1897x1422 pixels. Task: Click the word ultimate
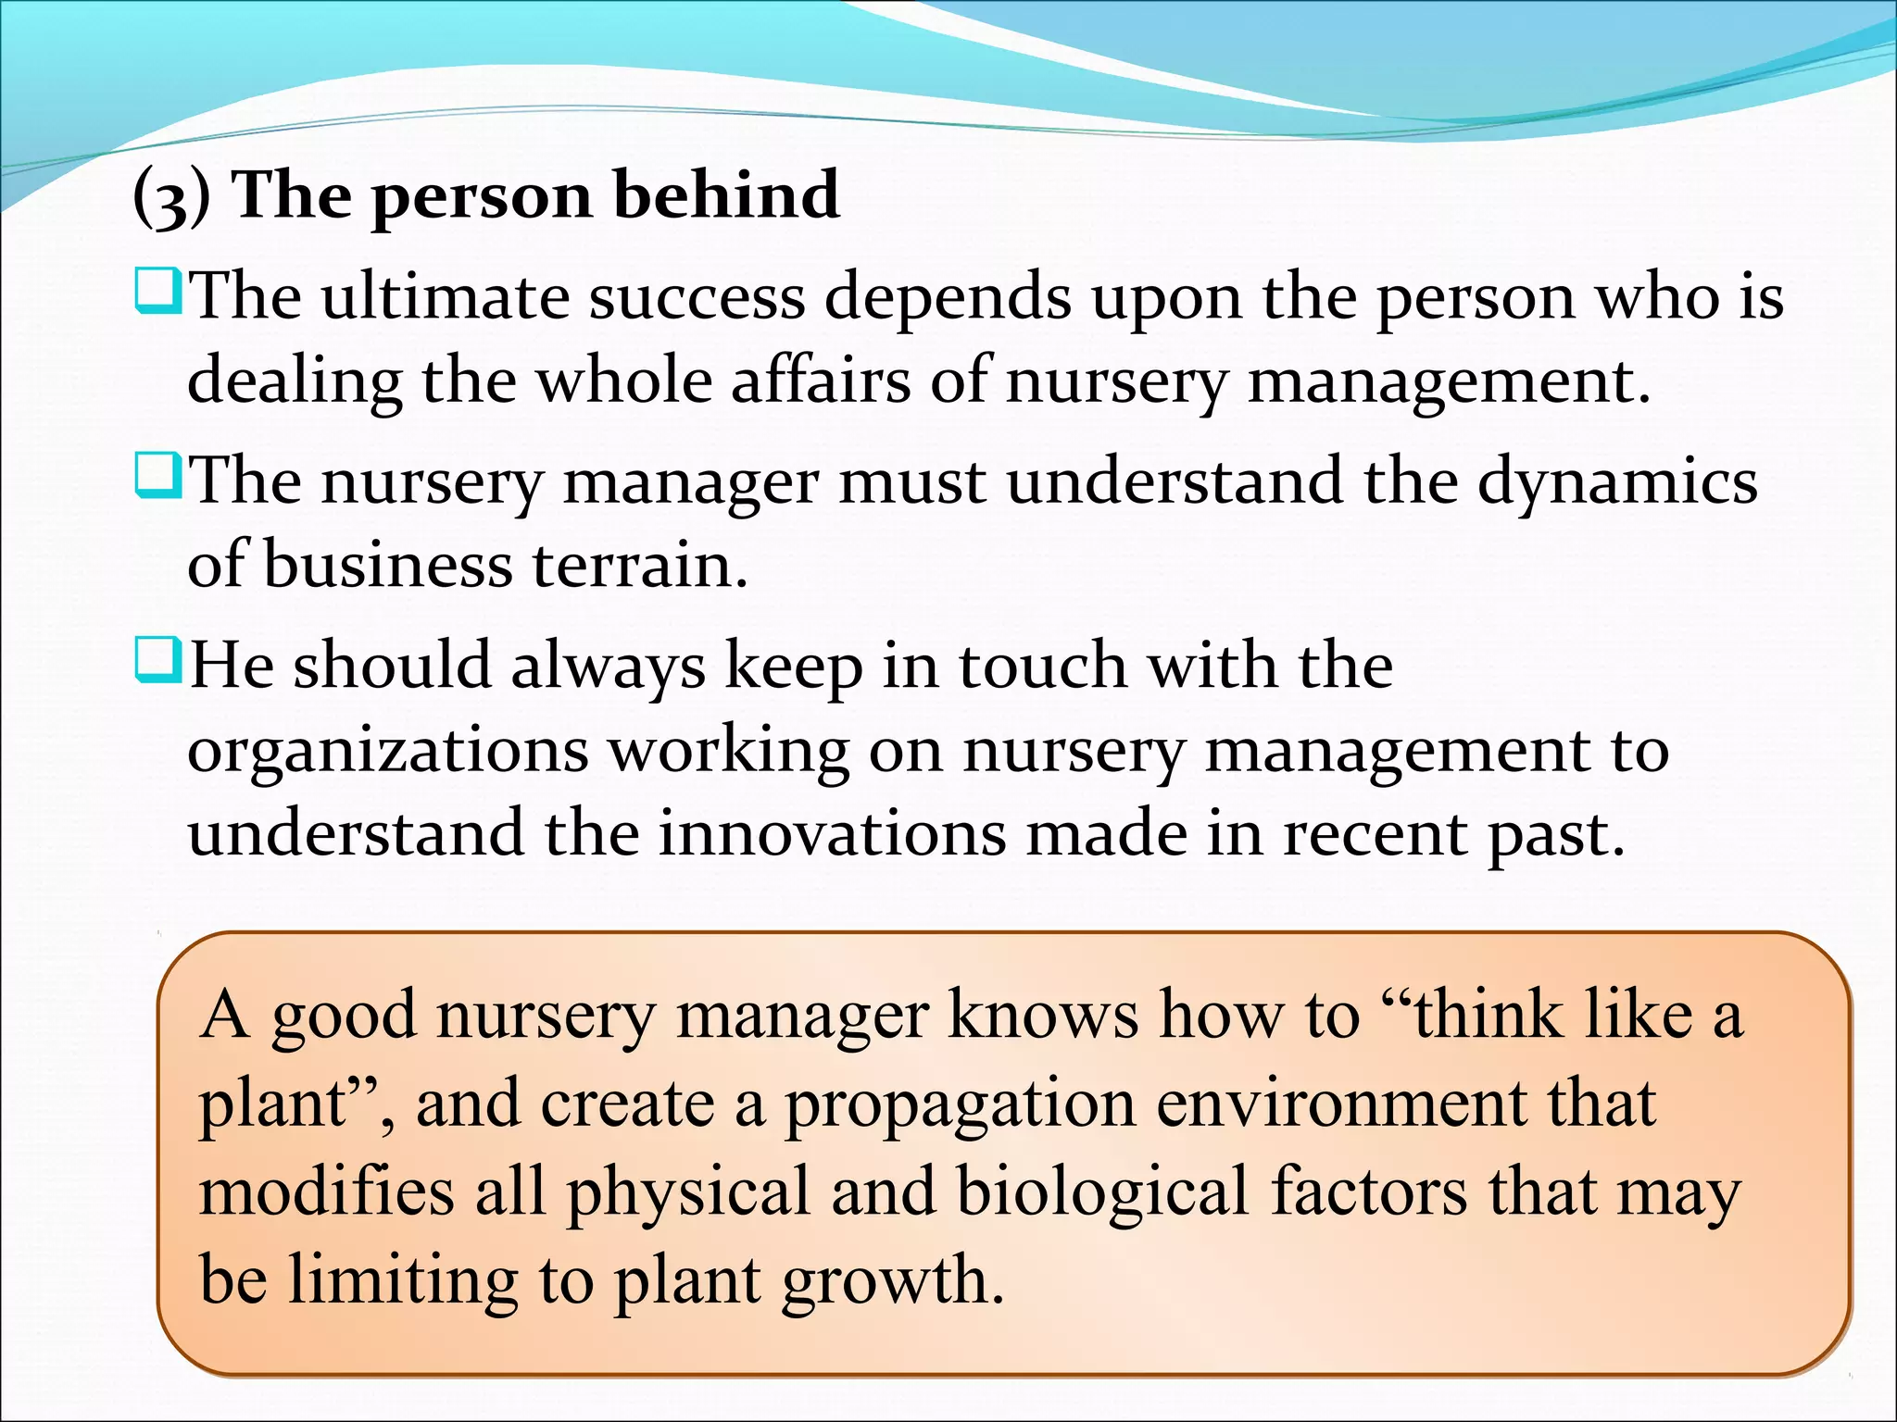445,298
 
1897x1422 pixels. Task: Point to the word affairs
821,380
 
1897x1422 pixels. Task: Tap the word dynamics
1616,483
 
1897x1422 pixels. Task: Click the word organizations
387,752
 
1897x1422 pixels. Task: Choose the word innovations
831,833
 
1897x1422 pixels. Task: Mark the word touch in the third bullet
1042,667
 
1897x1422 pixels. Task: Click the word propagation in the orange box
960,1105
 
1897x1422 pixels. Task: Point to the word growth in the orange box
892,1281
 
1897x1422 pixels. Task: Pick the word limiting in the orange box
402,1280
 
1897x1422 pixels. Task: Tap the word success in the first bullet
697,298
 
